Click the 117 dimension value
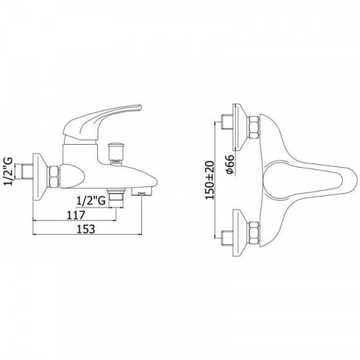tap(76, 215)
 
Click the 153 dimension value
tap(86, 229)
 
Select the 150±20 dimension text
tap(210, 180)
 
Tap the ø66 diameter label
tap(230, 165)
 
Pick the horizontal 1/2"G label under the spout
tap(91, 201)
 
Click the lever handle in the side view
tap(103, 122)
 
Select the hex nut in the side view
tap(54, 176)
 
